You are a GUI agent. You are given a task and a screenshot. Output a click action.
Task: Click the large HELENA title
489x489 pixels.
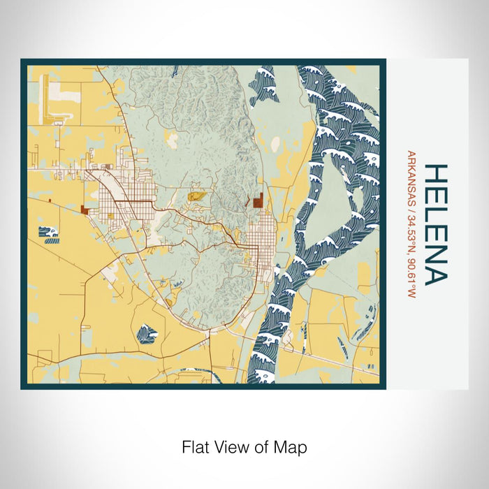coord(434,225)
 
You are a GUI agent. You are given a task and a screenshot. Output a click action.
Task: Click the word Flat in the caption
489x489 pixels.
coord(195,446)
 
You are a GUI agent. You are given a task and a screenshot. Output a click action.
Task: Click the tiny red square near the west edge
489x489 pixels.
coord(50,200)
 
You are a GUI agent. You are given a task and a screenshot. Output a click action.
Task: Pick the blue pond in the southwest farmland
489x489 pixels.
coord(147,334)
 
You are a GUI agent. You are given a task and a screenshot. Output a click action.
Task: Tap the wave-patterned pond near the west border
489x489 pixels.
coord(48,233)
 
